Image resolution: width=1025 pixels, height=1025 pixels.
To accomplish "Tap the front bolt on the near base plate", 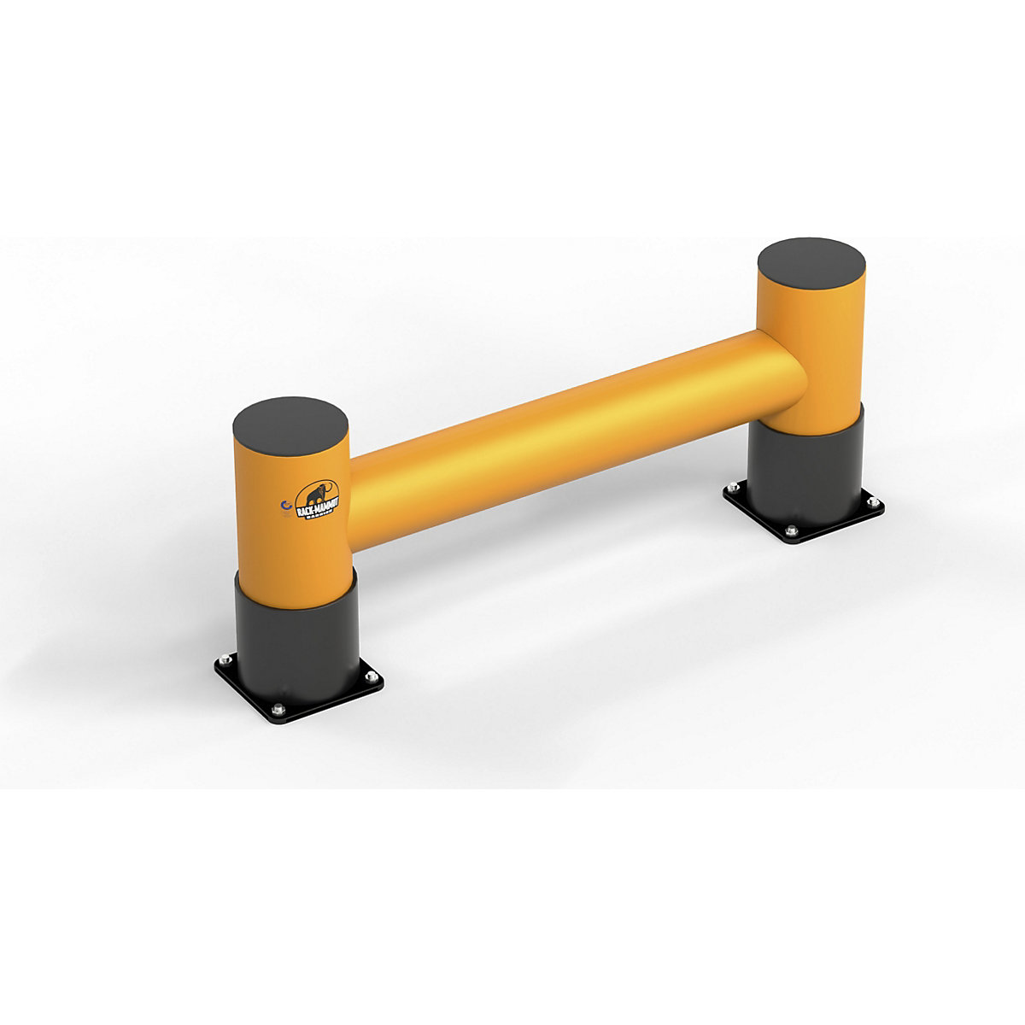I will pos(278,708).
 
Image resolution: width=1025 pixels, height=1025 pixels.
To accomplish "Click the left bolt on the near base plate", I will pos(224,658).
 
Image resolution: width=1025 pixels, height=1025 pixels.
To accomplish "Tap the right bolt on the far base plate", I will pos(870,502).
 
